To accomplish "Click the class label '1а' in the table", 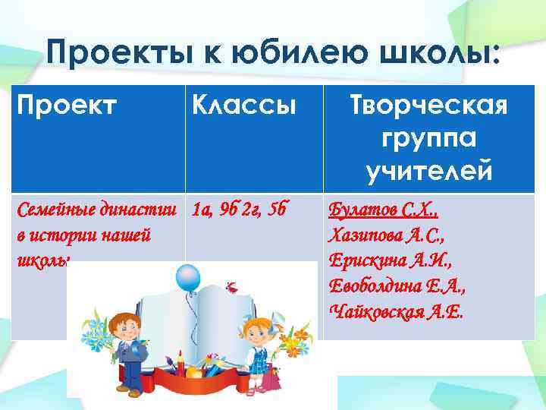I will [202, 210].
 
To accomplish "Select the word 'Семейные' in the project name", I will [46, 210].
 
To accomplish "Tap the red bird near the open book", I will [234, 288].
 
